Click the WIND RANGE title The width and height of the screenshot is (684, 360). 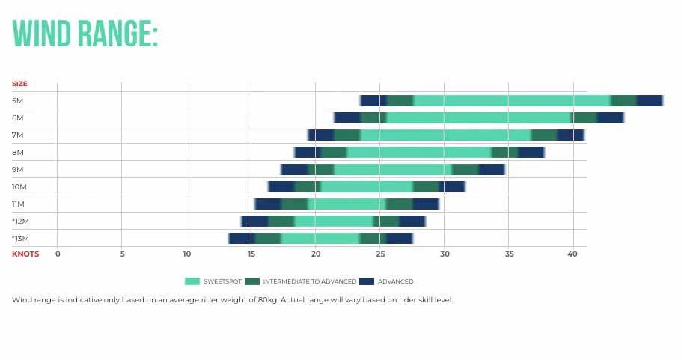pyautogui.click(x=85, y=34)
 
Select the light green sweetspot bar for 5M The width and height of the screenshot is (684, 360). pyautogui.click(x=512, y=100)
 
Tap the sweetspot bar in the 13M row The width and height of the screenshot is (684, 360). pyautogui.click(x=320, y=238)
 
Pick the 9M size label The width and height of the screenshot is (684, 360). pyautogui.click(x=18, y=169)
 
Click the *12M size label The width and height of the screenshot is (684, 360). pyautogui.click(x=20, y=221)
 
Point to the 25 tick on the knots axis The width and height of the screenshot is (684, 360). pyautogui.click(x=380, y=254)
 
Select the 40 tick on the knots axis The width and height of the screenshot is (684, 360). pyautogui.click(x=573, y=254)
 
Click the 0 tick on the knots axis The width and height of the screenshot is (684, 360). pyautogui.click(x=58, y=254)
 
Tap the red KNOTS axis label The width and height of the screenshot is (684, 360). pyautogui.click(x=25, y=254)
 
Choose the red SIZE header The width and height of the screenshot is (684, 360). pyautogui.click(x=19, y=84)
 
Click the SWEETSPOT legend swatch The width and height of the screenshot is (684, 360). pyautogui.click(x=192, y=281)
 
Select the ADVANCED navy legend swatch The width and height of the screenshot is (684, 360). pyautogui.click(x=367, y=281)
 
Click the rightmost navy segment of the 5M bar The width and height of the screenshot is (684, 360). pyautogui.click(x=649, y=100)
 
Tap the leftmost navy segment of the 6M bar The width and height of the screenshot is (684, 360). pyautogui.click(x=348, y=118)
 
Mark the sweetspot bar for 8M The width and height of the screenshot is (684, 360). pyautogui.click(x=419, y=152)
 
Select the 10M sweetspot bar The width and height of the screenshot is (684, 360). pyautogui.click(x=367, y=186)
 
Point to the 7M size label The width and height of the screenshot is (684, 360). pyautogui.click(x=18, y=135)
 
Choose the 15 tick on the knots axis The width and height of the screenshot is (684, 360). pyautogui.click(x=251, y=254)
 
